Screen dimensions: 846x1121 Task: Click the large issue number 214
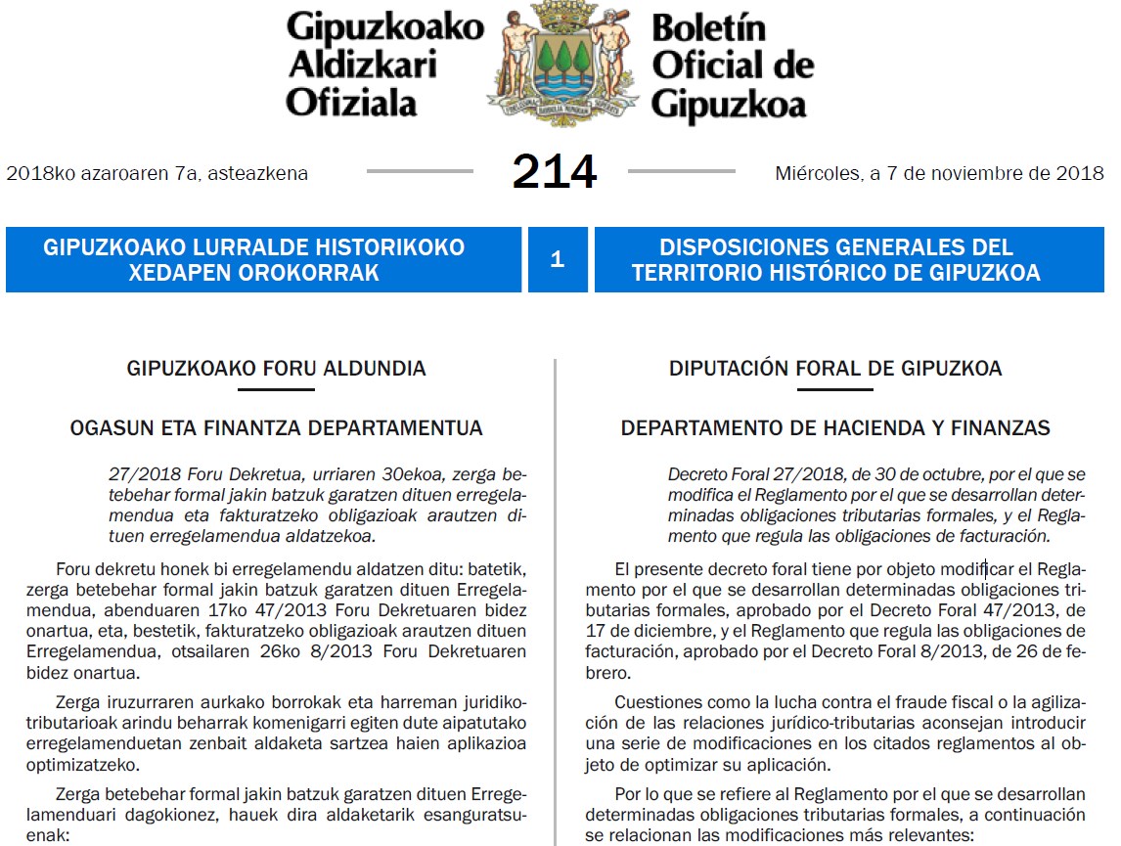[554, 172]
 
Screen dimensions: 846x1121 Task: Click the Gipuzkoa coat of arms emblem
[561, 63]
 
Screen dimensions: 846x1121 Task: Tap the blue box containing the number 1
[558, 259]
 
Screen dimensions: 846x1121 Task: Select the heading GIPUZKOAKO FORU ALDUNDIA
[277, 369]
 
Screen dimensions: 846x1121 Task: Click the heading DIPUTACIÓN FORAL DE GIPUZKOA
[835, 369]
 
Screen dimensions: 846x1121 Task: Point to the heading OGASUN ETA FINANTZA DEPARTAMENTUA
[277, 428]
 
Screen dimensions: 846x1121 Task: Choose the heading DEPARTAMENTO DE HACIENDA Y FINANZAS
[835, 428]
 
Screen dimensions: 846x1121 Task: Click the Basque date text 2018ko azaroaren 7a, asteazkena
[157, 174]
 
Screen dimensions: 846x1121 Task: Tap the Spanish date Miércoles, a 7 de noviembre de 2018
[939, 174]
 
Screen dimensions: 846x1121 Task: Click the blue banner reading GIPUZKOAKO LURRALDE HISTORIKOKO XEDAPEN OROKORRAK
[263, 259]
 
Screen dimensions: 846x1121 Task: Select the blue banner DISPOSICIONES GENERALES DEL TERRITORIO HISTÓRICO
[849, 259]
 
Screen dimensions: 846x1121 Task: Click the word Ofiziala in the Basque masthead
[351, 101]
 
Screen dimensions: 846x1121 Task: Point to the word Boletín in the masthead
[708, 28]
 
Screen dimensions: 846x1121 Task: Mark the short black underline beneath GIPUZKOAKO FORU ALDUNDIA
[276, 389]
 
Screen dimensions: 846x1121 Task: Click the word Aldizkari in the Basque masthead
[362, 65]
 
